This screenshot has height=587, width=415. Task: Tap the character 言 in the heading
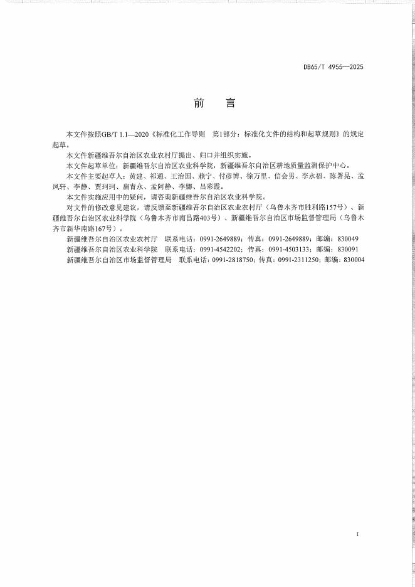232,103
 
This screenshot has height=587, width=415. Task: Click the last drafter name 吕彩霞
212,187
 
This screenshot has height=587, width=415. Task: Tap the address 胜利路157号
318,208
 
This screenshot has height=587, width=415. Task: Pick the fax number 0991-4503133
288,249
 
